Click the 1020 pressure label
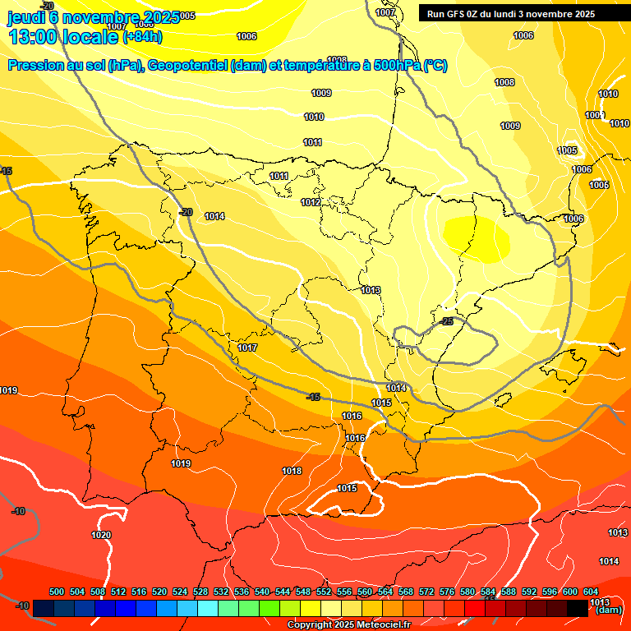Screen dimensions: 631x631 point(101,535)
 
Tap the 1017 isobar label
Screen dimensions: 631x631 point(247,348)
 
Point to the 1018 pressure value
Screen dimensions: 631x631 point(292,471)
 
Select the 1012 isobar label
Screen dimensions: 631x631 point(311,202)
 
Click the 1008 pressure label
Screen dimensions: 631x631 point(504,82)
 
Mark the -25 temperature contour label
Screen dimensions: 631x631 point(447,321)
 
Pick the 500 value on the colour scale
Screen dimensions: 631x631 point(57,592)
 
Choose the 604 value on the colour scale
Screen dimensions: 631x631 point(590,592)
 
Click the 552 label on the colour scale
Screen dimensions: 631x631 point(324,592)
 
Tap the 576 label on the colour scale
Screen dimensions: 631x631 point(447,592)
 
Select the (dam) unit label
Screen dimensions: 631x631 point(608,610)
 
